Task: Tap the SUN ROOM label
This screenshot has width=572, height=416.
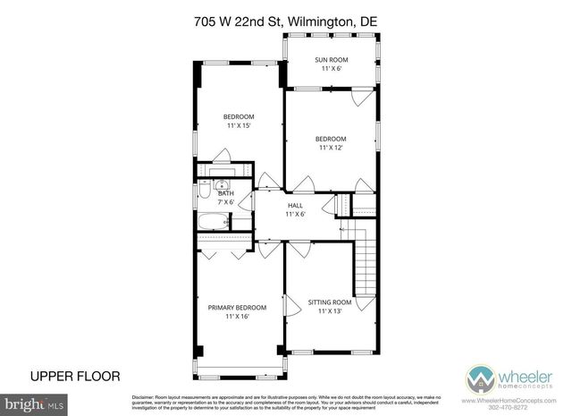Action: (331, 60)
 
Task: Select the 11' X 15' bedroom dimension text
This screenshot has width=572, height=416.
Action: (239, 126)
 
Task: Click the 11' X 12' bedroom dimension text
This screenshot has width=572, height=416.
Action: (331, 149)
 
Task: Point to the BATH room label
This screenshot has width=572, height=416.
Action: (226, 193)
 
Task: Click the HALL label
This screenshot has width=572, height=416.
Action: (295, 205)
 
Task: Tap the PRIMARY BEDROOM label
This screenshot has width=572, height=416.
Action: (238, 308)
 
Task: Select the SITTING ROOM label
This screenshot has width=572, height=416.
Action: (330, 302)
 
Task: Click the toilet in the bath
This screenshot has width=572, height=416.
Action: (205, 193)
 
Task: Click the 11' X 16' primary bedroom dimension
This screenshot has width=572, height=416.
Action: (238, 317)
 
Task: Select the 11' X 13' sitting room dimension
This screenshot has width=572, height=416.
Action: (330, 311)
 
